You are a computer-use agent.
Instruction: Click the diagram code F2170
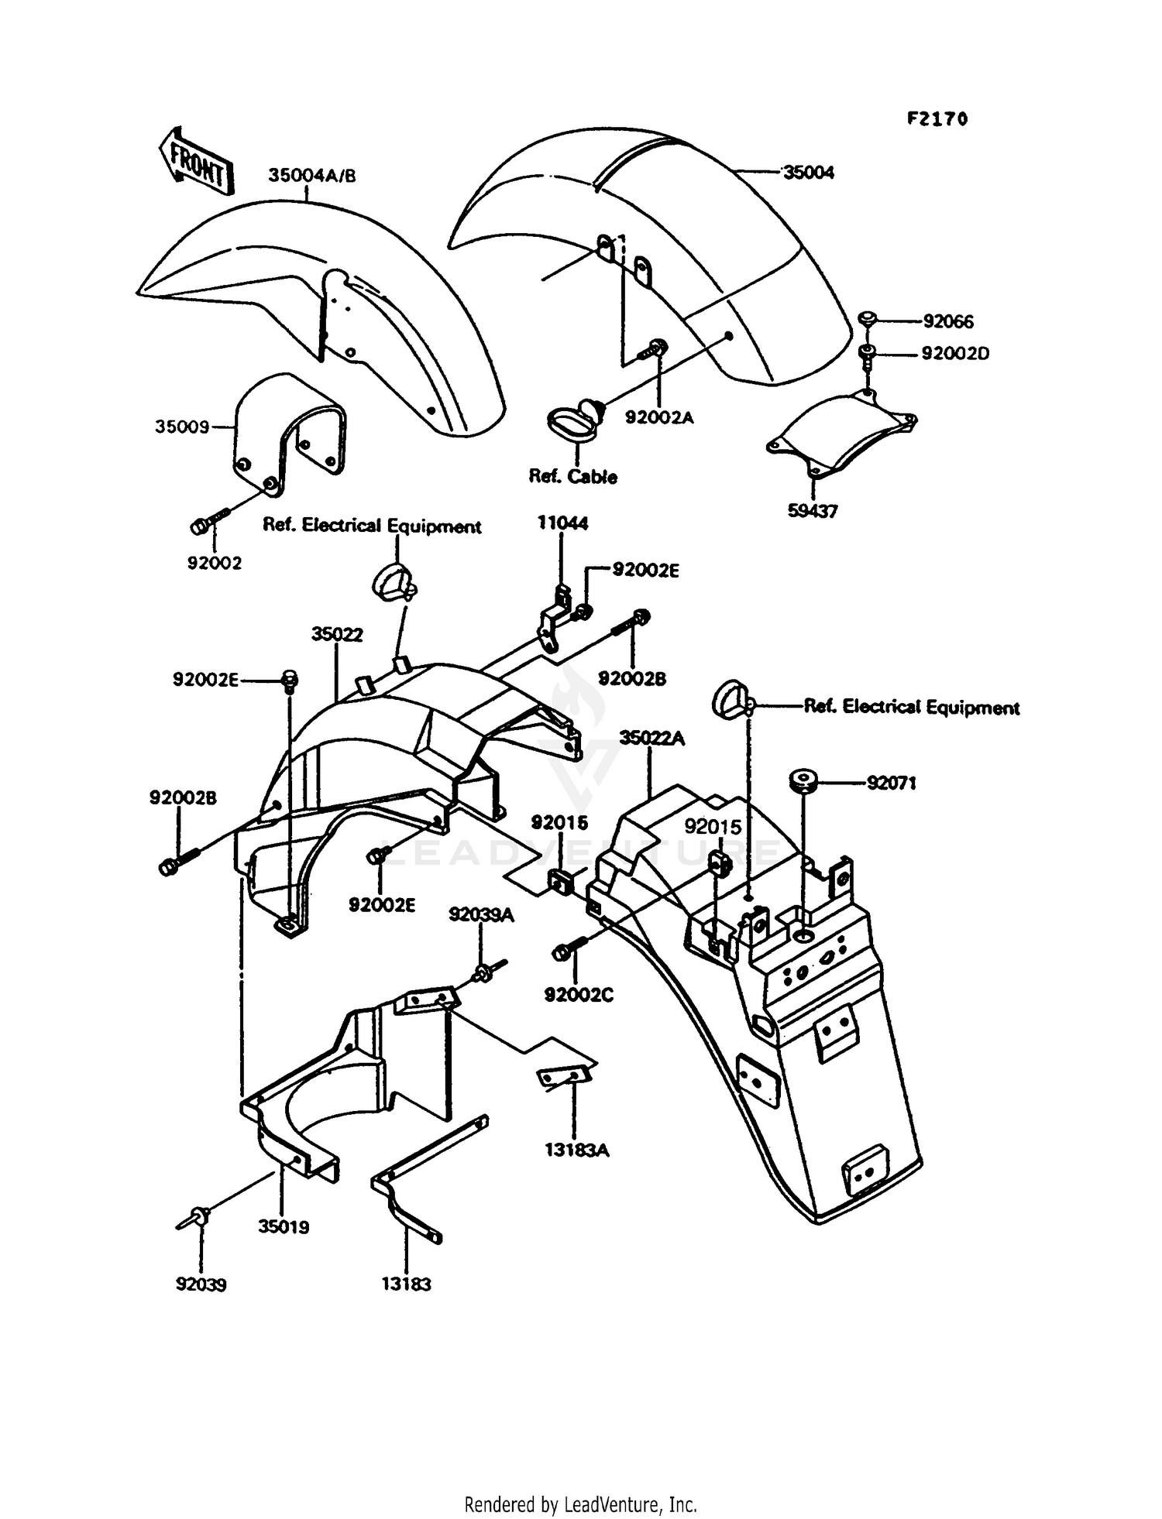point(937,119)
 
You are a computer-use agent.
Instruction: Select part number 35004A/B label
point(312,176)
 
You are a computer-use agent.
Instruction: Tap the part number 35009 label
point(182,427)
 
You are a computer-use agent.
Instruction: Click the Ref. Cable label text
point(572,477)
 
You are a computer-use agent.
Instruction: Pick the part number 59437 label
point(813,512)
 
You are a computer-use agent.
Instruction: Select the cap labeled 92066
point(868,317)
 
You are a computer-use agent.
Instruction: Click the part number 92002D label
point(955,354)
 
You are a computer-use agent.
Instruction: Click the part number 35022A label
point(652,738)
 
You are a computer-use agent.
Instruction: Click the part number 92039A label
point(481,915)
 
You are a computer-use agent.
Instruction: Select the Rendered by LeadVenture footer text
point(580,1505)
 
